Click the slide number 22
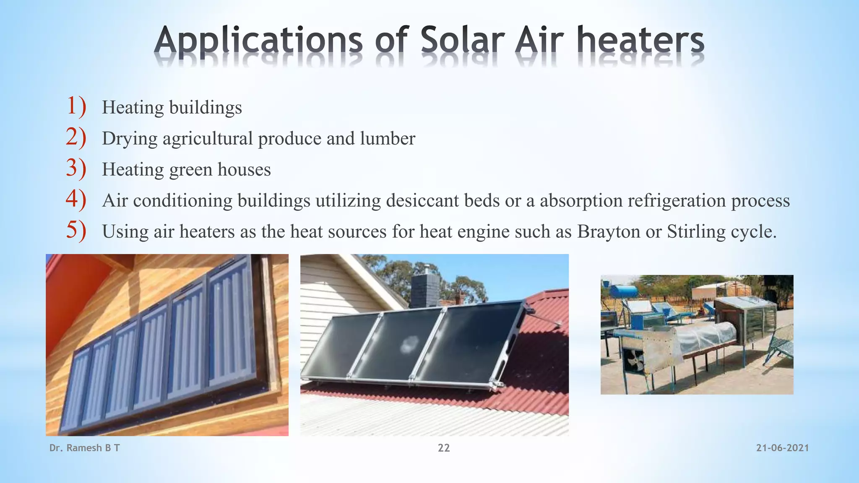[444, 448]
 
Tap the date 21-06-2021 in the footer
[782, 448]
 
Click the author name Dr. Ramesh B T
[84, 448]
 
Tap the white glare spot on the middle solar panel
[407, 345]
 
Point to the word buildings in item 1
[206, 108]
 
